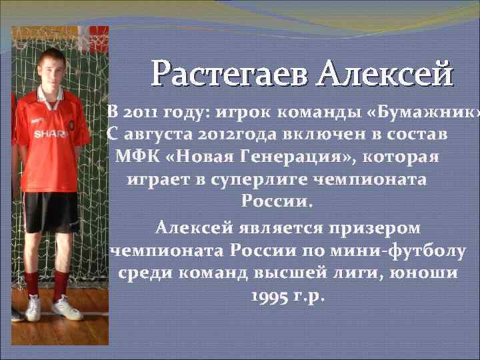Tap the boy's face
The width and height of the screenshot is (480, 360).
[x=51, y=67]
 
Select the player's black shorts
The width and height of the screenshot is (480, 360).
[x=51, y=210]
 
